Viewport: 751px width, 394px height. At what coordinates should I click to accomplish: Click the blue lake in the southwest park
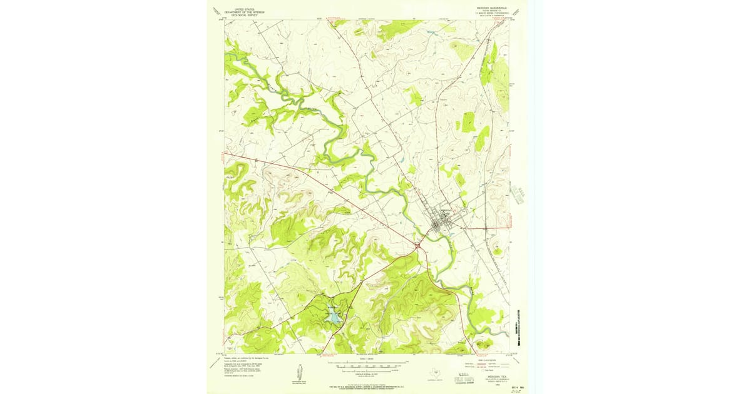[x=334, y=319]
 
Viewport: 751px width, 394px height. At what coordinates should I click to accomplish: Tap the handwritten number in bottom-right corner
[x=516, y=391]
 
